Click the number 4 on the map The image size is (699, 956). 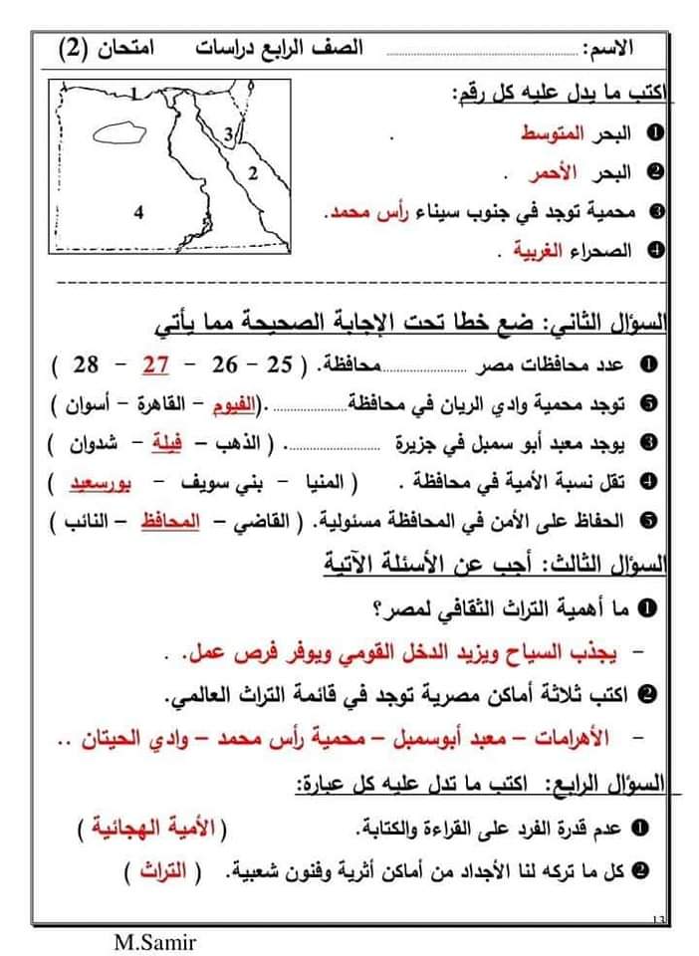tap(138, 211)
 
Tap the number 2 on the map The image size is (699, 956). tap(253, 173)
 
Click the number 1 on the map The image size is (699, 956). tap(136, 96)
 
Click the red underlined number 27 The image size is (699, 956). tap(154, 365)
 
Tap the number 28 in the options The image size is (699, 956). tap(86, 365)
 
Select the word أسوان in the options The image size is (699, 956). tap(83, 405)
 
